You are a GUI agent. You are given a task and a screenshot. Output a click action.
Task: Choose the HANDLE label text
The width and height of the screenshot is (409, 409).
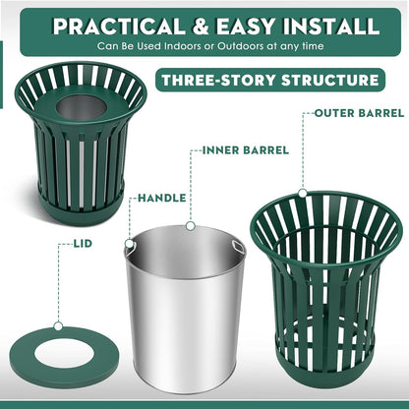pyautogui.click(x=161, y=198)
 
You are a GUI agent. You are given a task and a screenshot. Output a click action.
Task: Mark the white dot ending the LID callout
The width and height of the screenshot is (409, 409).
pyautogui.click(x=58, y=324)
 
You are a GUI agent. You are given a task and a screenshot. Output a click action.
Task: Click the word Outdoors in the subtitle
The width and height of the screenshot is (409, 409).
pyautogui.click(x=219, y=48)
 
